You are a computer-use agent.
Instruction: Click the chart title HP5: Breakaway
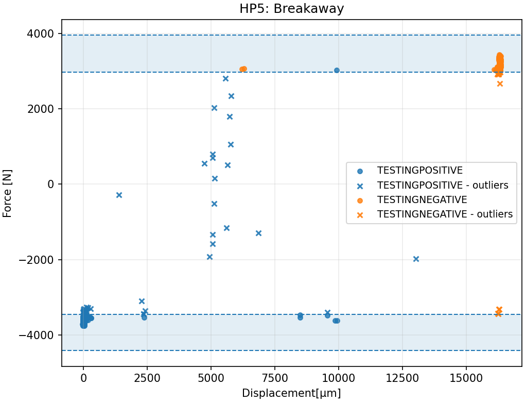click(x=291, y=9)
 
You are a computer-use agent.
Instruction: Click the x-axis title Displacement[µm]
click(x=291, y=393)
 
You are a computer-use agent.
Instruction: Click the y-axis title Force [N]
click(x=7, y=193)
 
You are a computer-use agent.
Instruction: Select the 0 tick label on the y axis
click(x=50, y=185)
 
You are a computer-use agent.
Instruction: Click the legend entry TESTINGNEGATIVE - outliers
click(x=445, y=214)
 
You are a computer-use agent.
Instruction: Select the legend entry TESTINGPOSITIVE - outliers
click(x=443, y=185)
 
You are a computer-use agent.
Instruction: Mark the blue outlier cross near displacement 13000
click(x=416, y=259)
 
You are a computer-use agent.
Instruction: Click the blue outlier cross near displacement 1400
click(x=119, y=195)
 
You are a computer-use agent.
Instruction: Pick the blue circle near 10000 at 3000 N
click(x=337, y=70)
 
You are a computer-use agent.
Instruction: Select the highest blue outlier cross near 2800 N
click(x=225, y=78)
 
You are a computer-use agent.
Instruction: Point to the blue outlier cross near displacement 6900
click(x=258, y=233)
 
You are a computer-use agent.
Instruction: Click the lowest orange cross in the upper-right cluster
click(x=500, y=83)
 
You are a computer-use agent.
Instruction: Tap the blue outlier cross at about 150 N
click(x=215, y=178)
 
